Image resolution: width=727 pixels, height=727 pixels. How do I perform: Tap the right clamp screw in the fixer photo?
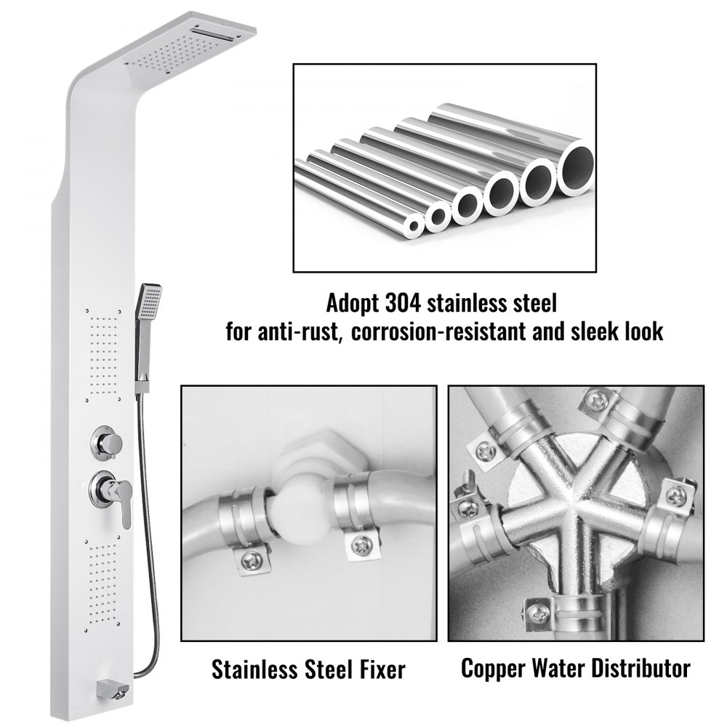tap(361, 545)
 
